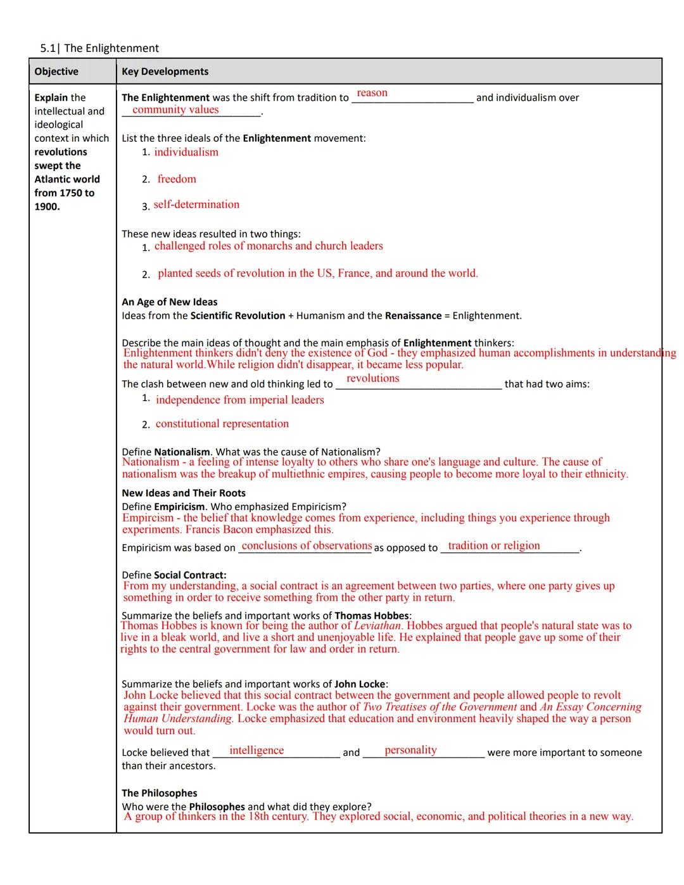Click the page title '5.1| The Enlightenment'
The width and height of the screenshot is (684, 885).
click(x=99, y=48)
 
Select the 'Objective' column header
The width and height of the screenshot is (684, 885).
click(x=56, y=72)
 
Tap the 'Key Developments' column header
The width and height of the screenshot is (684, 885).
click(x=165, y=72)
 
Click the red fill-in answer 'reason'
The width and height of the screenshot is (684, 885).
click(x=372, y=92)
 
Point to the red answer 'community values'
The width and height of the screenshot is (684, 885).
click(x=175, y=110)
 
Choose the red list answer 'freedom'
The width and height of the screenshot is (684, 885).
click(x=177, y=179)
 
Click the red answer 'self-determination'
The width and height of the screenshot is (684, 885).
click(x=196, y=205)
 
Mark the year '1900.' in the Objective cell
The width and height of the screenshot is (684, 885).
click(x=47, y=207)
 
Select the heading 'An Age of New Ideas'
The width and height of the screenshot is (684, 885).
click(x=169, y=302)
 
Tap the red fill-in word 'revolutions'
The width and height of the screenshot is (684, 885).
click(x=373, y=378)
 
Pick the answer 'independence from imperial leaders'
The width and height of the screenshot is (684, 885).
click(x=239, y=400)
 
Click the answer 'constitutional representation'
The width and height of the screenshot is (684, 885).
click(x=222, y=424)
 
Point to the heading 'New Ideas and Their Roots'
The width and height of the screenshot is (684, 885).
click(x=184, y=493)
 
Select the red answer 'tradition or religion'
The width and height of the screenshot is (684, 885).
click(x=494, y=545)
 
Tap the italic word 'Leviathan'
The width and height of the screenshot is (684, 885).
click(x=377, y=626)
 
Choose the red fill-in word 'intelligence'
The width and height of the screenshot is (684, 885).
click(x=256, y=750)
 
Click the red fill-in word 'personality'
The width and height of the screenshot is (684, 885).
click(x=410, y=750)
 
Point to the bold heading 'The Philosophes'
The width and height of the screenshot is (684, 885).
click(x=160, y=793)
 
